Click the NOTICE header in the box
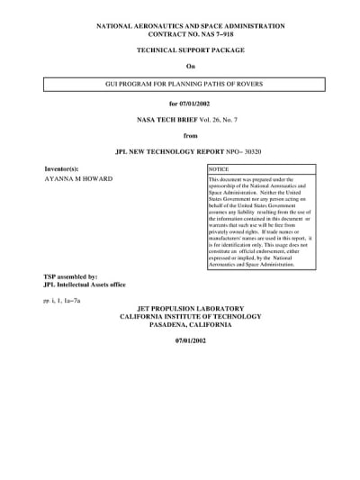click(220, 169)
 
